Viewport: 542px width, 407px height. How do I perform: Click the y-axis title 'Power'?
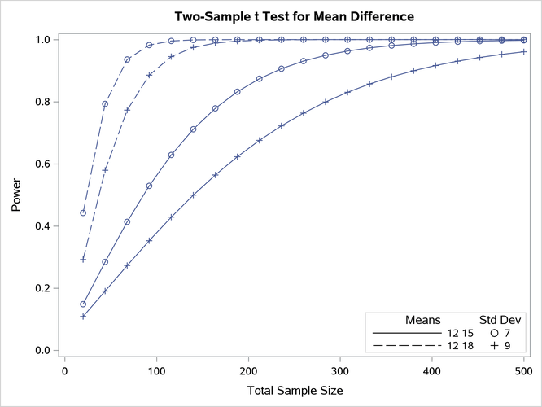[x=17, y=195]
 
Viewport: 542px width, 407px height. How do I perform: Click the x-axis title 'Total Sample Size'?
[x=295, y=391]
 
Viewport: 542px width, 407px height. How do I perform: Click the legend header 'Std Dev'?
[x=498, y=320]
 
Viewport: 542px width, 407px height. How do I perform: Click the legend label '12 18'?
[x=459, y=347]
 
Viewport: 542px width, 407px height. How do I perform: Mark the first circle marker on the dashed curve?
[x=83, y=213]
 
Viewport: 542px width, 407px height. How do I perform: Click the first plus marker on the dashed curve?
[x=83, y=260]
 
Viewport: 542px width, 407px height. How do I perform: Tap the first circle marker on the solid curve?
[x=83, y=304]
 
